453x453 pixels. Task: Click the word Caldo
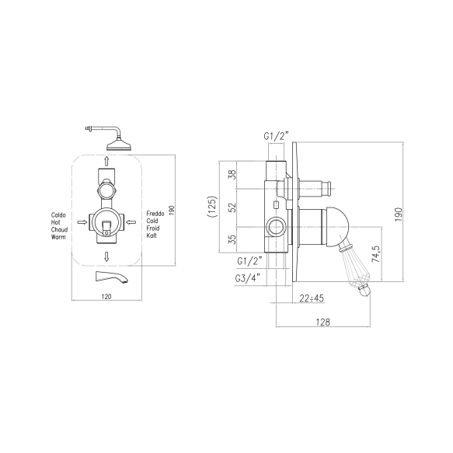[x=58, y=215]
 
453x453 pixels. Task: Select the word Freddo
[x=155, y=214]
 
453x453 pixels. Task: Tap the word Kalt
[x=152, y=235]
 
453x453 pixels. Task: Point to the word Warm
[x=58, y=237]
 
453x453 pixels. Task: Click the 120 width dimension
[x=106, y=296]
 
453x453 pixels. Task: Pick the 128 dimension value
[x=322, y=322]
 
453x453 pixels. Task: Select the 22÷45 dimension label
[x=312, y=298]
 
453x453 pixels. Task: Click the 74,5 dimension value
[x=375, y=254]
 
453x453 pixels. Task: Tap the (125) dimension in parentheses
[x=212, y=207]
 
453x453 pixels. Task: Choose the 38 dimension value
[x=232, y=175]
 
